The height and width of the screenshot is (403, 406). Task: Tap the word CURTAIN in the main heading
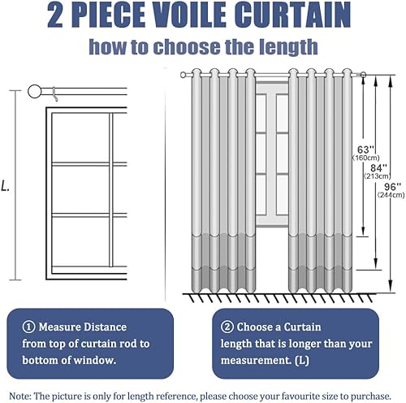292,15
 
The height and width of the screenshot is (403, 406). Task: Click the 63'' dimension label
366,149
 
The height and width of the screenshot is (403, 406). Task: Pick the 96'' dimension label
392,187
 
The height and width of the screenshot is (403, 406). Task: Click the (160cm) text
366,158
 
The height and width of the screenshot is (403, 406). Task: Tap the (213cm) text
378,176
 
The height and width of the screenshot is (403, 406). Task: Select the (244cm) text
391,195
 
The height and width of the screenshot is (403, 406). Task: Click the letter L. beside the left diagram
5,186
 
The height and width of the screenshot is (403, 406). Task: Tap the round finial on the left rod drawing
35,92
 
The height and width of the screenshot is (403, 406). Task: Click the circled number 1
28,327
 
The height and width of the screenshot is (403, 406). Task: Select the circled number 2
227,327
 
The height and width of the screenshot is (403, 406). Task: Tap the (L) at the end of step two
302,361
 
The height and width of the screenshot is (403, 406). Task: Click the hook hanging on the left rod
55,94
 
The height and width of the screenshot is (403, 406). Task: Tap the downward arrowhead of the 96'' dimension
390,287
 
